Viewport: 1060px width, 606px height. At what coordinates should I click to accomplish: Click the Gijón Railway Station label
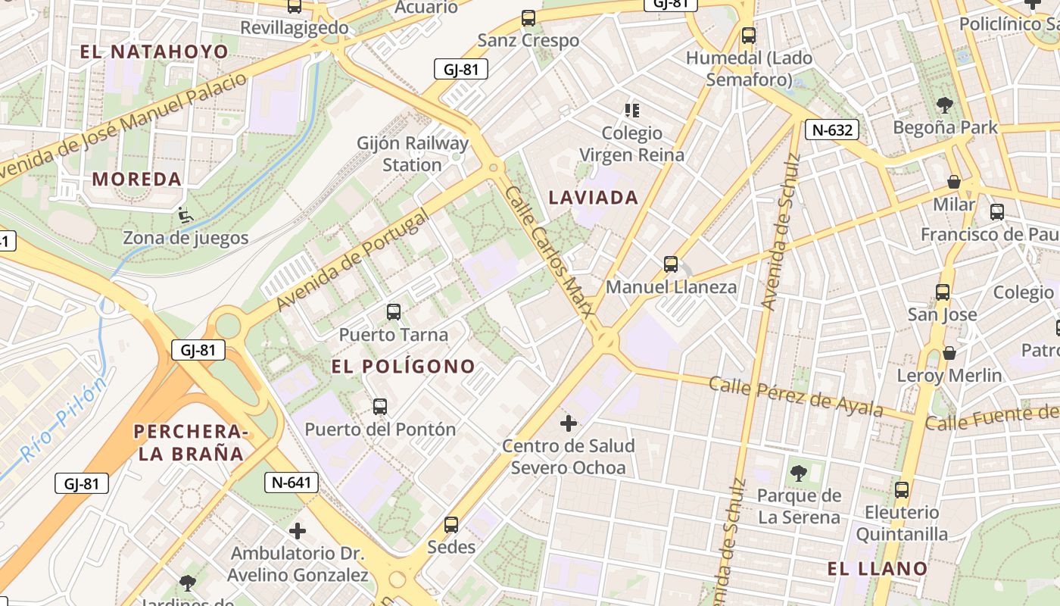(413, 154)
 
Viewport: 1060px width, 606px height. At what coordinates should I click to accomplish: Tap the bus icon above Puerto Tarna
(393, 311)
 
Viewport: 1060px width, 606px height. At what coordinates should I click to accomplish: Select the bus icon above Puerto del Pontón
(380, 407)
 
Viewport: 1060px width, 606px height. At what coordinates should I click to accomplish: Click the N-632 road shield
(832, 130)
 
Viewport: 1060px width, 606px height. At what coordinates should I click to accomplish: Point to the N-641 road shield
(291, 483)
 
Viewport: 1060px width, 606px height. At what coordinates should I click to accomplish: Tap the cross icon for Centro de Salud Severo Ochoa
(569, 423)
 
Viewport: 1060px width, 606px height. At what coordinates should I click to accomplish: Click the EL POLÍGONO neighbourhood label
(404, 367)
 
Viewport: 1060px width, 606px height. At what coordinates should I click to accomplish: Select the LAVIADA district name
(594, 198)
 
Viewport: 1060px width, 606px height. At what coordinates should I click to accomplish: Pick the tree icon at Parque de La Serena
(797, 474)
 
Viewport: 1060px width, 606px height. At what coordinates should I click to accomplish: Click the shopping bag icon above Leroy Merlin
(949, 353)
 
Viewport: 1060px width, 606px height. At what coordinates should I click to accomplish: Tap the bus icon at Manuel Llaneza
(671, 264)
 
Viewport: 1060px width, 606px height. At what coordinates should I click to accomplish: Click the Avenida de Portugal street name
(352, 260)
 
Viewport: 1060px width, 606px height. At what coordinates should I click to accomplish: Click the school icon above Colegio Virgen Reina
(632, 111)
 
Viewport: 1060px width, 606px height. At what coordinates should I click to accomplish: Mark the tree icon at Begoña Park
(944, 105)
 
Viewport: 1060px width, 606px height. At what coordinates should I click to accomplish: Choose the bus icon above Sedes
(451, 524)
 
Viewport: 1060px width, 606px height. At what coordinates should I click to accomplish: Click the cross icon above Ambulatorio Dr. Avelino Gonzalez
(298, 530)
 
